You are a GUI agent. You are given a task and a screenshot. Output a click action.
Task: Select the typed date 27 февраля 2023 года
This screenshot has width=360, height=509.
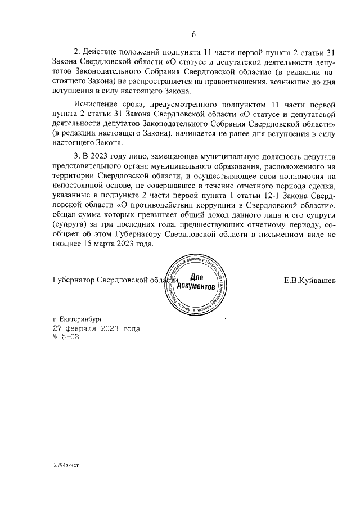pyautogui.click(x=96, y=328)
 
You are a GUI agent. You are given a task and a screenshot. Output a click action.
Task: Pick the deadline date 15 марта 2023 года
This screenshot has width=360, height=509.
pyautogui.click(x=116, y=245)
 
